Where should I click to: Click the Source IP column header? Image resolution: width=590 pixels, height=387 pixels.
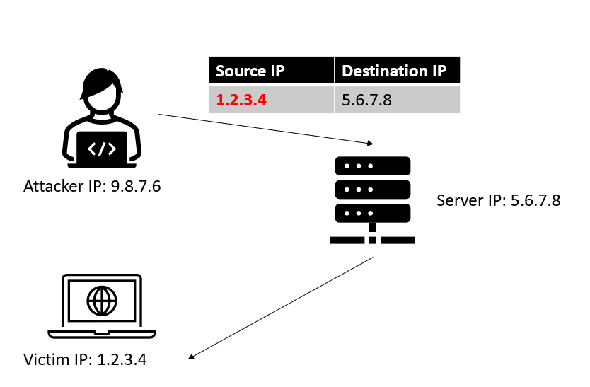point(271,70)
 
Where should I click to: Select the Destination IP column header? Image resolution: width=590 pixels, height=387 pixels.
point(398,70)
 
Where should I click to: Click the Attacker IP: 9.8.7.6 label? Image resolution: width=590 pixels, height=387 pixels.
point(92,186)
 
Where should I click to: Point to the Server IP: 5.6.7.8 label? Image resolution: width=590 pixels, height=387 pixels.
point(499,200)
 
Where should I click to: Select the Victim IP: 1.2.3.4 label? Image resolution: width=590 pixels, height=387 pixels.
point(85,359)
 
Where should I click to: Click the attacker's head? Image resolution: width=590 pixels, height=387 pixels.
point(102,91)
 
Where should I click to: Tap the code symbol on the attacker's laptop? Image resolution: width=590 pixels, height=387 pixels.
point(102,149)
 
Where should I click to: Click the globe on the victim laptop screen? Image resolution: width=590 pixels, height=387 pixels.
point(102,301)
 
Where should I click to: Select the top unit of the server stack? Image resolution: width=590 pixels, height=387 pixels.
point(373,166)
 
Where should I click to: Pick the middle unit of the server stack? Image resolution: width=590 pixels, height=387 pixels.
point(373,190)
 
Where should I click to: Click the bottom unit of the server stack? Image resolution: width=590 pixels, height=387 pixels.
point(373,213)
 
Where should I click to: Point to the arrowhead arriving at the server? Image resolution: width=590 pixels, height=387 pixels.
point(371,143)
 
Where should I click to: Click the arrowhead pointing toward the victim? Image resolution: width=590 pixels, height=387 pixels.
point(191,357)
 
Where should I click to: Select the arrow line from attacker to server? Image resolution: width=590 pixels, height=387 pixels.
point(266,129)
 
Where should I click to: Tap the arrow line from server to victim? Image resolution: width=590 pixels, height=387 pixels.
point(281,308)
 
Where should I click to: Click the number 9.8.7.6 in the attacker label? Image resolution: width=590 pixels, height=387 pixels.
point(136,186)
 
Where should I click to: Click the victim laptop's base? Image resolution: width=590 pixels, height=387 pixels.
point(102,335)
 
